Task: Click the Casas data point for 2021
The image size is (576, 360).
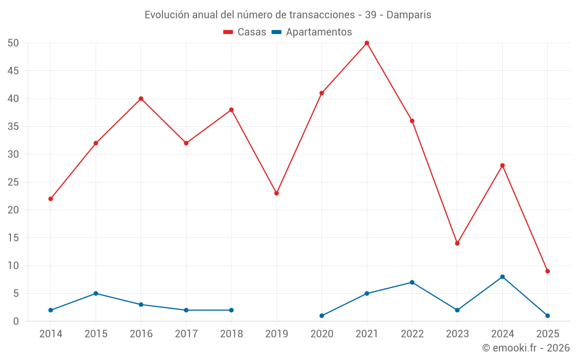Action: click(367, 43)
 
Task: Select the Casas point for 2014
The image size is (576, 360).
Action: click(51, 199)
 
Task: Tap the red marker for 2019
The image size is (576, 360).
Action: click(276, 194)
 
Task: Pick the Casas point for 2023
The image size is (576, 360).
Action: click(457, 243)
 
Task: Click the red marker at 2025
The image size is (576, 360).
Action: click(548, 271)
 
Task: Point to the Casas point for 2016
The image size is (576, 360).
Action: click(141, 98)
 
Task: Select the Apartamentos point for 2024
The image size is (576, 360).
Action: click(502, 277)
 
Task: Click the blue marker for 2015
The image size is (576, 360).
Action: click(96, 294)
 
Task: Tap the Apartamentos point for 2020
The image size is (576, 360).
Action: click(321, 316)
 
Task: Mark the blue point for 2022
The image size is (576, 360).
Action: click(412, 282)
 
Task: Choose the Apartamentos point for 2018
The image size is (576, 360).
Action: click(232, 310)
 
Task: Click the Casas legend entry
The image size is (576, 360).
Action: click(245, 32)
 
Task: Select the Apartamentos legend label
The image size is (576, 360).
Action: click(319, 32)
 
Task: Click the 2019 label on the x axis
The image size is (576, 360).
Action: click(276, 334)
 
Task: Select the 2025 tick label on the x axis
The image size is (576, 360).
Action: click(548, 334)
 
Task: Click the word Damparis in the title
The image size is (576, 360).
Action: click(408, 14)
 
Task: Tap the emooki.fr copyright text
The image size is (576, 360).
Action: click(526, 348)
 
